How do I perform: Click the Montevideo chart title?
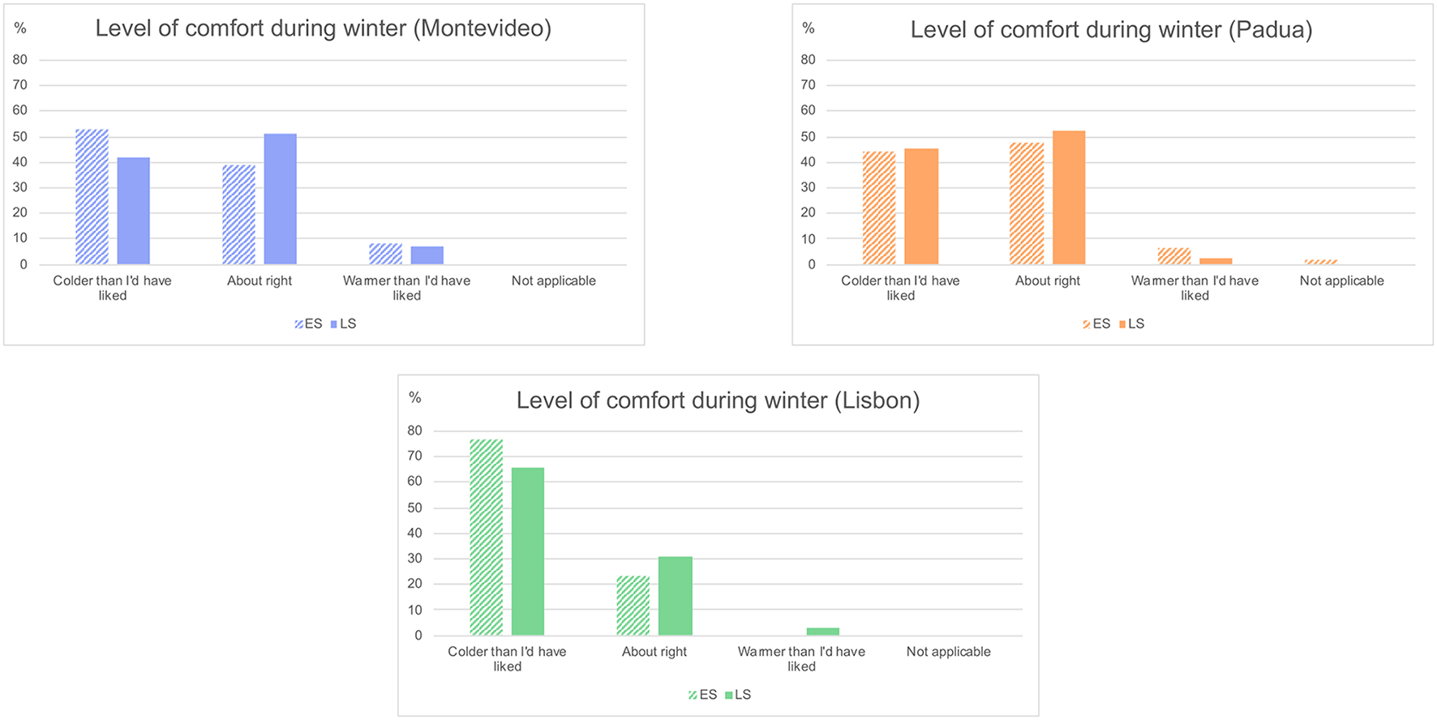323,28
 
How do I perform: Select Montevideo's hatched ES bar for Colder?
92,197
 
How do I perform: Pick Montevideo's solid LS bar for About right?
280,199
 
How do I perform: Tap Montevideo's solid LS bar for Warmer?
427,255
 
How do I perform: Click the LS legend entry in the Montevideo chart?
344,324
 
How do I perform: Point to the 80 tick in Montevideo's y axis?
20,59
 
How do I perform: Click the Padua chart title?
1110,30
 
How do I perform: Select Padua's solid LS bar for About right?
1068,198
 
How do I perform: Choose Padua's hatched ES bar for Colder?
879,208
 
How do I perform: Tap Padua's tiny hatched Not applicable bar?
1320,262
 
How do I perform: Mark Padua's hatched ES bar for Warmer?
1173,256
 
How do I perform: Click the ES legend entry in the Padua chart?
1096,324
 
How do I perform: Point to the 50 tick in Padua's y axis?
808,136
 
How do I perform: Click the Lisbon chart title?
718,401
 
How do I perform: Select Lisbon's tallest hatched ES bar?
486,538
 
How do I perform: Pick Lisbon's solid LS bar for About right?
675,596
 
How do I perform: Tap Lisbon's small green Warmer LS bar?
822,632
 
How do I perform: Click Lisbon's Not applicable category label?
948,652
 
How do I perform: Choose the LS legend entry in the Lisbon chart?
739,695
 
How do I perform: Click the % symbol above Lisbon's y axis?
415,397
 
